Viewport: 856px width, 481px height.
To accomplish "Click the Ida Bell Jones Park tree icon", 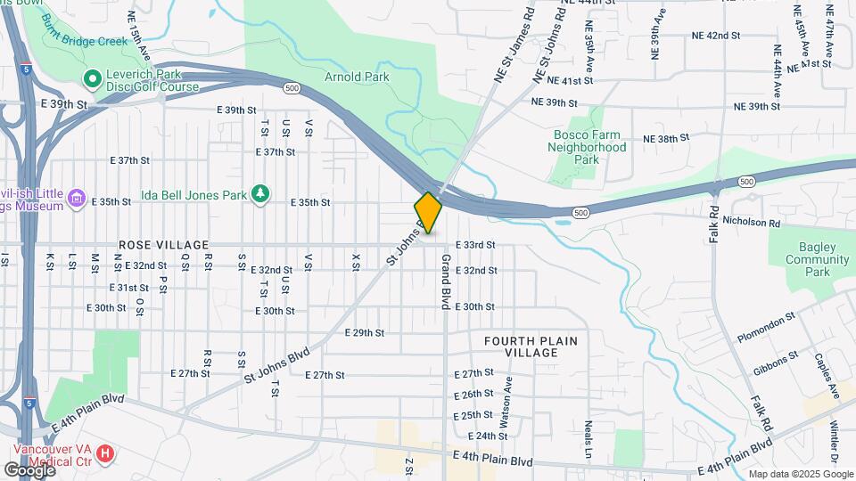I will tap(259, 193).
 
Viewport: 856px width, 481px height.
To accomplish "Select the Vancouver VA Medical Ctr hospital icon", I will tap(105, 454).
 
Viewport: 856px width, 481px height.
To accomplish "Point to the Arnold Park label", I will tap(357, 77).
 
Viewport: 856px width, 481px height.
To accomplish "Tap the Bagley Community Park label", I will tap(817, 260).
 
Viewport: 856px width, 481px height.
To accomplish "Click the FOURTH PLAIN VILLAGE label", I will tap(531, 347).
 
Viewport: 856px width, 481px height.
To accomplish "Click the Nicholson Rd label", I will tap(751, 222).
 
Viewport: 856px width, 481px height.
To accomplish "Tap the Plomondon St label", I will tap(765, 329).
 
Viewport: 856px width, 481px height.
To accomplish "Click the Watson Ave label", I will tap(508, 401).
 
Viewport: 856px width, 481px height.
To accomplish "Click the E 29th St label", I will tap(364, 332).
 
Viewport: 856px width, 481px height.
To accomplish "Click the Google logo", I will tap(29, 469).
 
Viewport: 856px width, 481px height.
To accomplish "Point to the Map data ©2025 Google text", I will tap(800, 474).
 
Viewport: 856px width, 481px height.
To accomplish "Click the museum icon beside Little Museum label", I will tap(77, 199).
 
